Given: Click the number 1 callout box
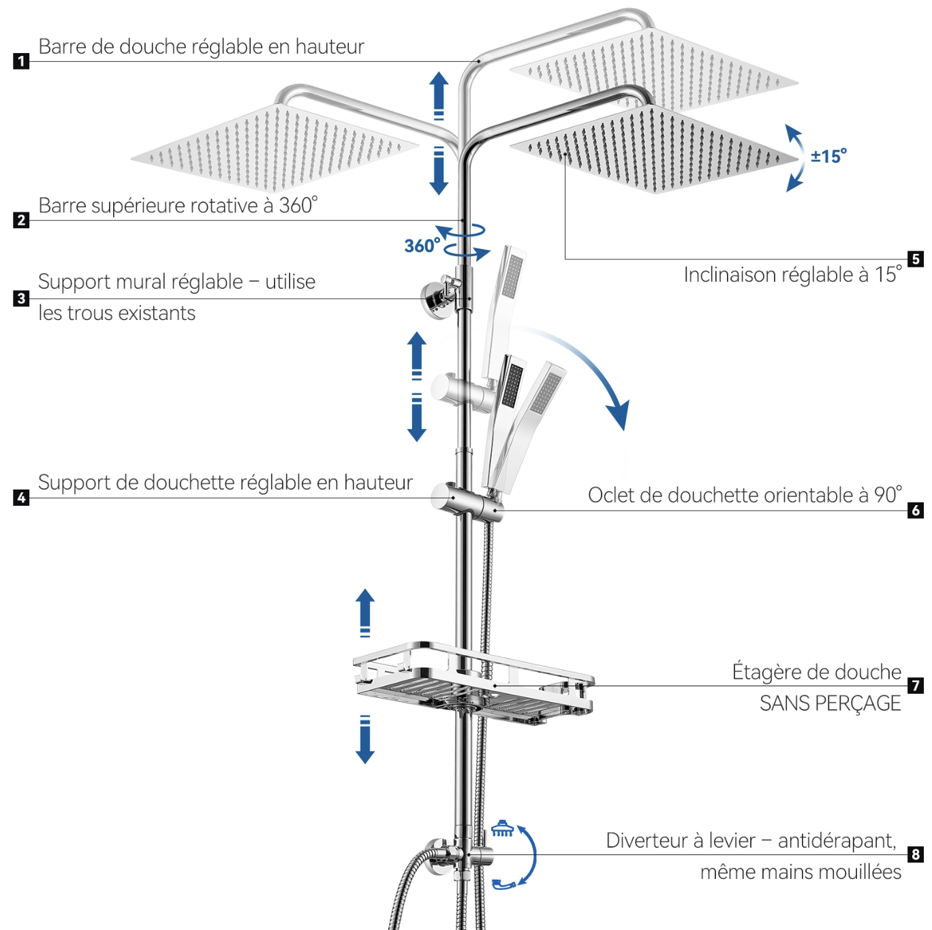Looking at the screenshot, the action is point(21,61).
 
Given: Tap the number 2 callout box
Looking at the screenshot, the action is point(21,220).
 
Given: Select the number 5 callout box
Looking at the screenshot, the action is point(915,259).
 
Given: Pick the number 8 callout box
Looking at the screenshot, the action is point(915,854).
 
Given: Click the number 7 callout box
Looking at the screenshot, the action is point(915,685).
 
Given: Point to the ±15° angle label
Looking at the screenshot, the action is point(828,156).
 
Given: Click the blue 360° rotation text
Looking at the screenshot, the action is point(422,246).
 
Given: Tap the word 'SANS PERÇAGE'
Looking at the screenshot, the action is point(830,704).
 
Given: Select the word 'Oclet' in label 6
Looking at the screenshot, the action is point(611,495).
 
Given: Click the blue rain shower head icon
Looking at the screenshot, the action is point(502,829).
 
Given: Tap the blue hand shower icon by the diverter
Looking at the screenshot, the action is point(503,884).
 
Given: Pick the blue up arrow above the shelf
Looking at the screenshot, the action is point(365,613).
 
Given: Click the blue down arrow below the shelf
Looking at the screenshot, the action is point(365,739).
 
